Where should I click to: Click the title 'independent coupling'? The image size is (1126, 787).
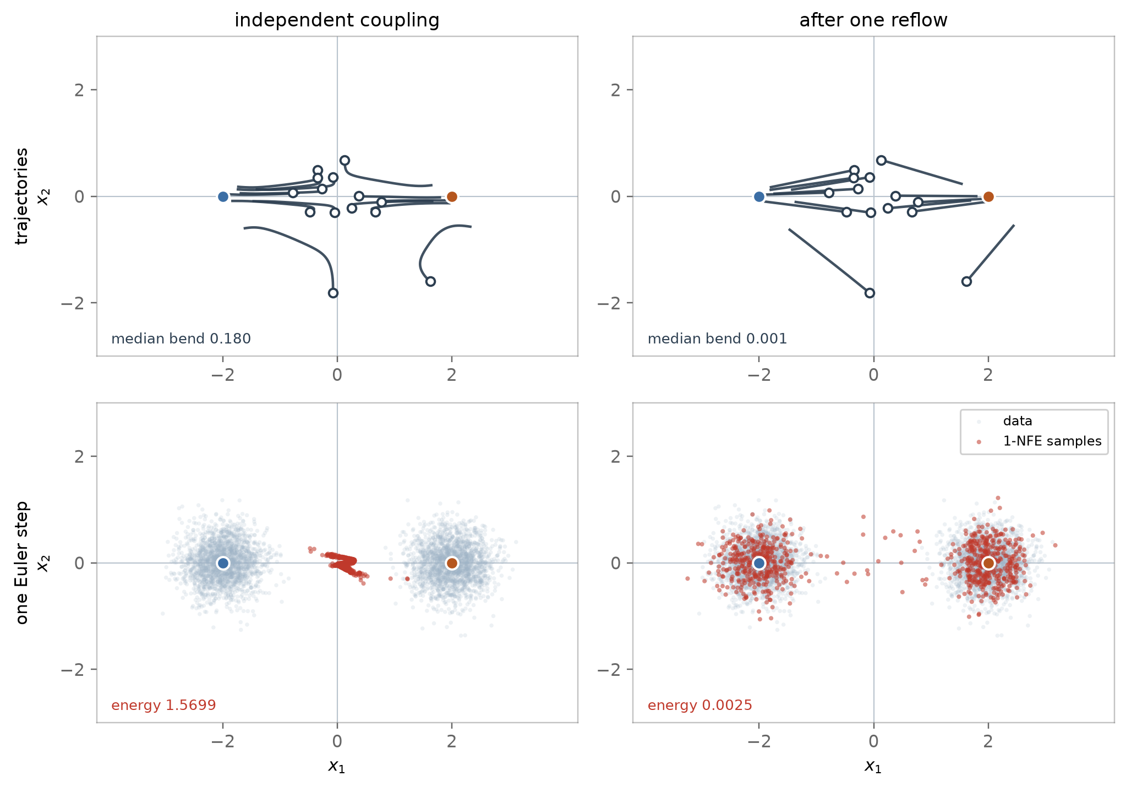point(337,20)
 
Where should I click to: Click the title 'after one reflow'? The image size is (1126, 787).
point(873,20)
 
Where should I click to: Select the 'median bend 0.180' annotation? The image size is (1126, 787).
point(181,338)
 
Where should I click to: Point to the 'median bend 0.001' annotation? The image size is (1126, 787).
point(717,338)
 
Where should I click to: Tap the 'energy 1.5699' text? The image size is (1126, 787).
point(163,705)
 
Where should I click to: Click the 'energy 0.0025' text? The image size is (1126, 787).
point(699,705)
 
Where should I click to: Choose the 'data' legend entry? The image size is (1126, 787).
point(1018,421)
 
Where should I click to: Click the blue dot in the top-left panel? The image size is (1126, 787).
point(223,196)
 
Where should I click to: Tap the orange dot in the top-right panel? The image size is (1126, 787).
point(988,196)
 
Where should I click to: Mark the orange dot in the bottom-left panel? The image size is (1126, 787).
point(452,563)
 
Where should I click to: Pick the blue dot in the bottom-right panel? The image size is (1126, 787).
point(759,563)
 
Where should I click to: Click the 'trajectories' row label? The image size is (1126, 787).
point(22,196)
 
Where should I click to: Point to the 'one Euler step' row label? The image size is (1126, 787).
point(22,562)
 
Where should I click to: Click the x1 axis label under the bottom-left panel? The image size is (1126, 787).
point(337,766)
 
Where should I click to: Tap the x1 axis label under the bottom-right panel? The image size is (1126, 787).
point(873,766)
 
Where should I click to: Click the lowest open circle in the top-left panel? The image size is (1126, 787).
point(333,293)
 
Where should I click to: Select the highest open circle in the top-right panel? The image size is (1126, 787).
point(881,160)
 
